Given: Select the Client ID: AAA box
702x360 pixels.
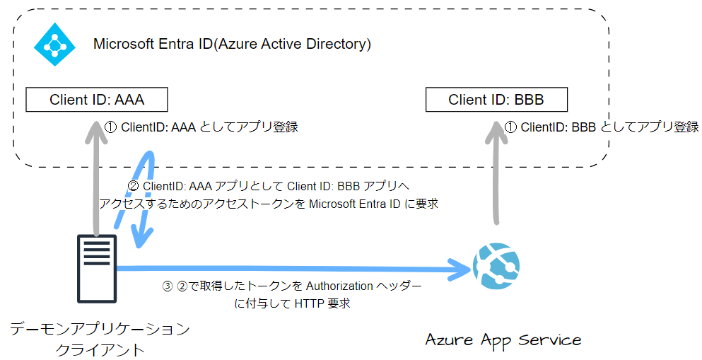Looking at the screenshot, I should click(97, 100).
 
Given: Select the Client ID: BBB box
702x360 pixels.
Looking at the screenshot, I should click(496, 100).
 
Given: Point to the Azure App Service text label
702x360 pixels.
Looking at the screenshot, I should click(503, 339).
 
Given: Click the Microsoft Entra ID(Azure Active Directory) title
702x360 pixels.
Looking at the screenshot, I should click(232, 44).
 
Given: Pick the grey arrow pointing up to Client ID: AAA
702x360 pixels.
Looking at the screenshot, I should click(96, 177).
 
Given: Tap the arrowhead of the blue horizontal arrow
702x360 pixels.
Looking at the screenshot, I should click(463, 268).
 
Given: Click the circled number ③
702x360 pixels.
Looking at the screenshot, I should click(168, 286).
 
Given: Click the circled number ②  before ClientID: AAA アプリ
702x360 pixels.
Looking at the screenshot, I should click(132, 187).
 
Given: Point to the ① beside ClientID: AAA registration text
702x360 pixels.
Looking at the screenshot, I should click(111, 127).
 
